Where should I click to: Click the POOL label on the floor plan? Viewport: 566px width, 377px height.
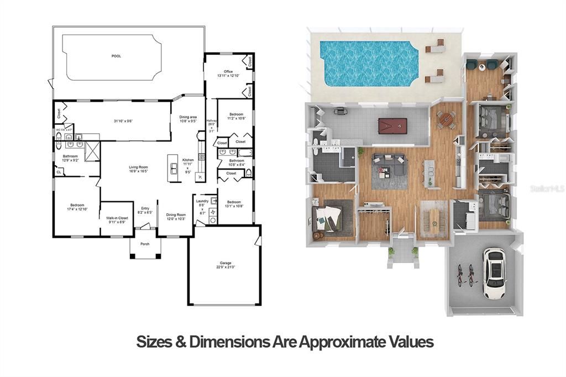[116, 56]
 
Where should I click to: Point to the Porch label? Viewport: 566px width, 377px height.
[145, 244]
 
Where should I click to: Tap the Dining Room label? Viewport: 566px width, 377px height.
[176, 217]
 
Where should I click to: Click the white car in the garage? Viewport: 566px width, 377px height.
[494, 271]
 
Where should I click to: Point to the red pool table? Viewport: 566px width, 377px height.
[392, 125]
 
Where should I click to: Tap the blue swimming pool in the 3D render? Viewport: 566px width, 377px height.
[370, 63]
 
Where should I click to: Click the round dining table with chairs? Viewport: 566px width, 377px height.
[446, 119]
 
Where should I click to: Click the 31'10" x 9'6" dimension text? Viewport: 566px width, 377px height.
[124, 121]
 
